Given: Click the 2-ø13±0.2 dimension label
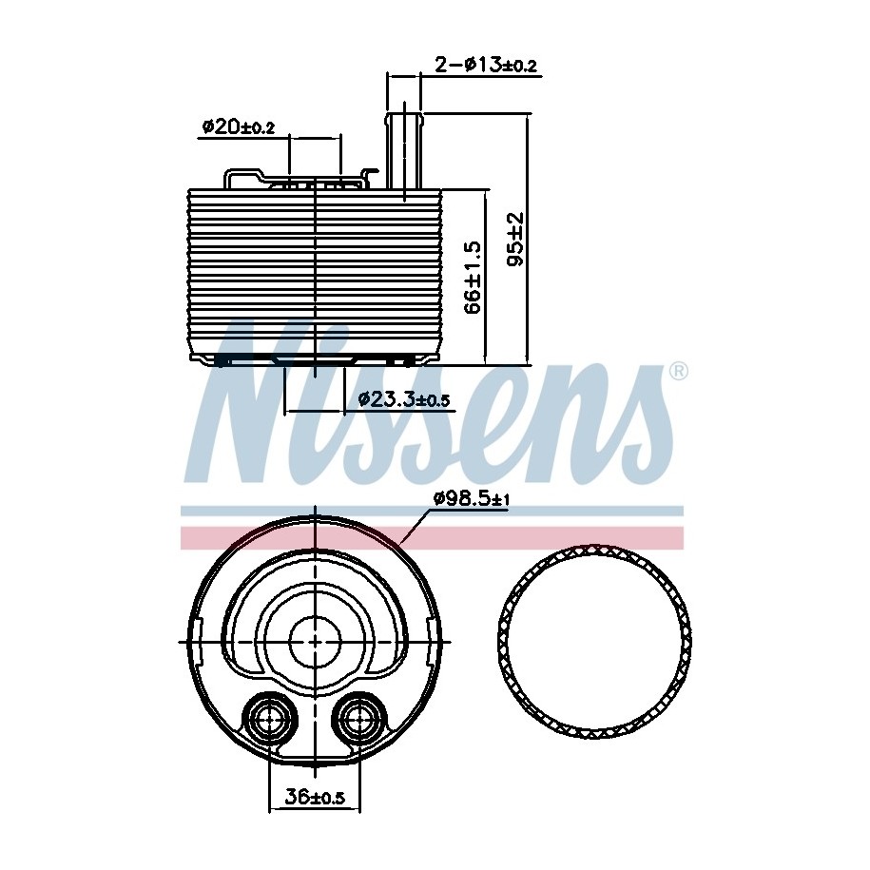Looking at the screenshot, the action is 486,65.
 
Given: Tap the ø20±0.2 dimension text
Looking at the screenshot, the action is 238,127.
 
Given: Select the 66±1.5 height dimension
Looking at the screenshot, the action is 473,278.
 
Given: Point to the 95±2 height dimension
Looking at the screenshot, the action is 516,239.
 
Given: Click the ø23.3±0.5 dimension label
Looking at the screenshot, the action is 403,399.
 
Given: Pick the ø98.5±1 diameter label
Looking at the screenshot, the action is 471,499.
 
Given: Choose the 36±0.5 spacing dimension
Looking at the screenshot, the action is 315,798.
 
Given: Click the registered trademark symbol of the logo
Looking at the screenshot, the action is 678,371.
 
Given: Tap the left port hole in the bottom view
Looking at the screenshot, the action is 271,720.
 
